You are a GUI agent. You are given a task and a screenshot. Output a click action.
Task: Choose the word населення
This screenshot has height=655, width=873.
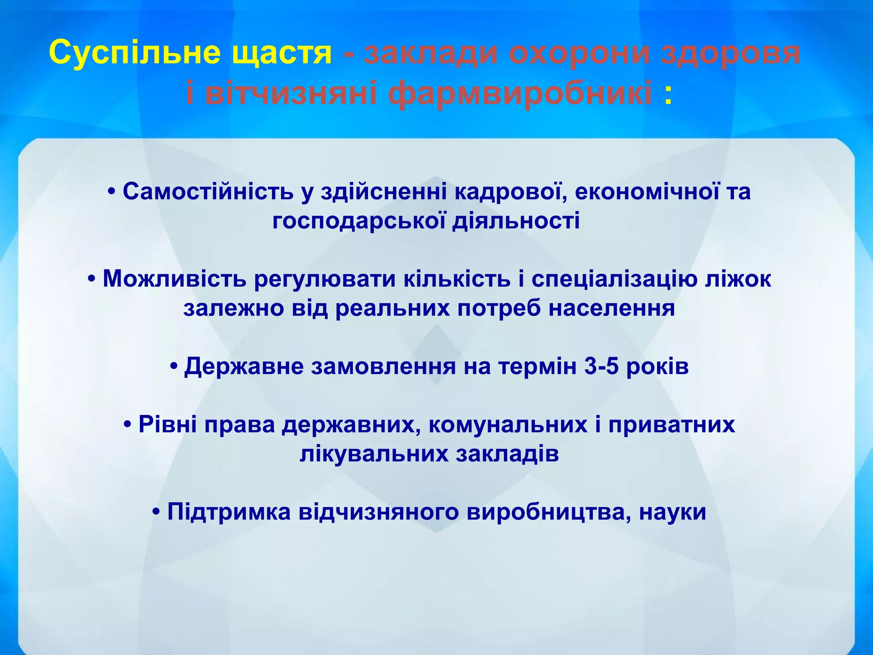pyautogui.click(x=611, y=308)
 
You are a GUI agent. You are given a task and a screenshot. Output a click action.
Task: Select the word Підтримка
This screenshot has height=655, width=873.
pyautogui.click(x=229, y=512)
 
